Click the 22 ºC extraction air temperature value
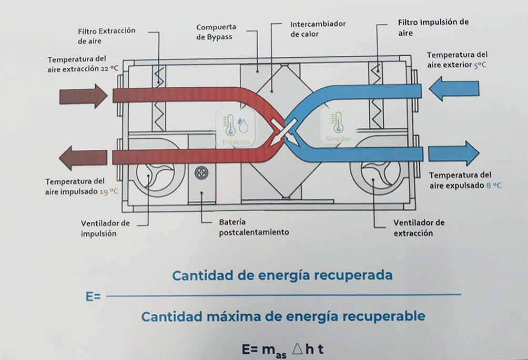click(109, 69)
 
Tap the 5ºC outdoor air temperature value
click(480, 65)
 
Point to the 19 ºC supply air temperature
click(108, 192)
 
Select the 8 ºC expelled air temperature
click(494, 186)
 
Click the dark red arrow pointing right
click(84, 96)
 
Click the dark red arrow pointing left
click(83, 158)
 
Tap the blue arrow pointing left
click(454, 89)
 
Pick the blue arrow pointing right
click(453, 153)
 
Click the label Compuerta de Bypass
click(216, 32)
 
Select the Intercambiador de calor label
click(318, 29)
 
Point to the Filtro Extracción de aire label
click(106, 36)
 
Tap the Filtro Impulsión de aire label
click(433, 27)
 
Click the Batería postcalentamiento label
click(254, 227)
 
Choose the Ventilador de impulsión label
click(105, 229)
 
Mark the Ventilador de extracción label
click(419, 228)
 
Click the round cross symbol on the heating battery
click(201, 172)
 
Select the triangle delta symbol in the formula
click(298, 348)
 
